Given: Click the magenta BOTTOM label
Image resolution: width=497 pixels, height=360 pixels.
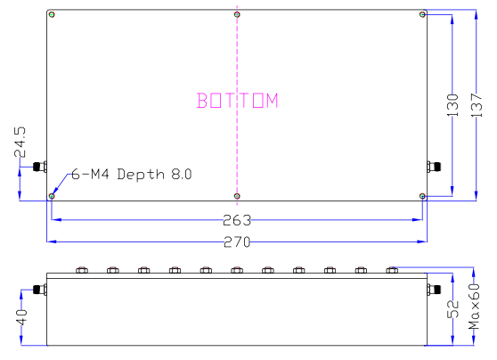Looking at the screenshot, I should pyautogui.click(x=238, y=101).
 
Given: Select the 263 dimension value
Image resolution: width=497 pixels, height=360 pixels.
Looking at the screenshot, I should pyautogui.click(x=237, y=220).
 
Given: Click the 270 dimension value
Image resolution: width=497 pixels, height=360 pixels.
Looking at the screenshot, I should pyautogui.click(x=237, y=242).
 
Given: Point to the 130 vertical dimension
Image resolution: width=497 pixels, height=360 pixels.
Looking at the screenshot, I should pyautogui.click(x=452, y=106).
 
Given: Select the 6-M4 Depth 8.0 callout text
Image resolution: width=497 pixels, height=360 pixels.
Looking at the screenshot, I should pyautogui.click(x=131, y=174).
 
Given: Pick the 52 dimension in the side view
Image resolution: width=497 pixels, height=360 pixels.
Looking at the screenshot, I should pyautogui.click(x=452, y=309).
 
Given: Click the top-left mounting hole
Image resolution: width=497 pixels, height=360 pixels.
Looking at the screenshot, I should pyautogui.click(x=53, y=15).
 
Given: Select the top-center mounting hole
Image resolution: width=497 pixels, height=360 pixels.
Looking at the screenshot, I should pyautogui.click(x=237, y=14).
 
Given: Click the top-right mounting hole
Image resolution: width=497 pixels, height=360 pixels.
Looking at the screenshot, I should pyautogui.click(x=422, y=14).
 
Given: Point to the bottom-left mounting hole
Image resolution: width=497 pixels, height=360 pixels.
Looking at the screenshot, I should pyautogui.click(x=53, y=195).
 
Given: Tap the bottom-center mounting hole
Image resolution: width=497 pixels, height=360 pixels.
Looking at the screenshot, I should pyautogui.click(x=237, y=195).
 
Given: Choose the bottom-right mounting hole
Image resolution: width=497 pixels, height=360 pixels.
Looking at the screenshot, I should pyautogui.click(x=422, y=195).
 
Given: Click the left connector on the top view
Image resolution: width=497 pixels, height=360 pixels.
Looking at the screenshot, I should pyautogui.click(x=39, y=167).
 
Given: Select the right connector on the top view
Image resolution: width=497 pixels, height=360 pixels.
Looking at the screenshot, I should pyautogui.click(x=435, y=166).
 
